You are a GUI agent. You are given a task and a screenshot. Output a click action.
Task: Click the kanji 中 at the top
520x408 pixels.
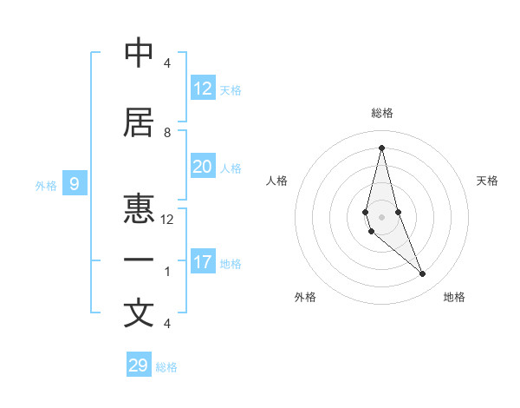pyautogui.click(x=139, y=53)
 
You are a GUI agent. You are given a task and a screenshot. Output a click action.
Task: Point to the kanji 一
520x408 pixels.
pyautogui.click(x=139, y=260)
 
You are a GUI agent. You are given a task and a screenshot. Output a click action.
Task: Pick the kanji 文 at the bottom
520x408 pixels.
pyautogui.click(x=139, y=313)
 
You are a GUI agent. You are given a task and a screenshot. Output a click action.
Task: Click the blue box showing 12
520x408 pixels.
pyautogui.click(x=203, y=89)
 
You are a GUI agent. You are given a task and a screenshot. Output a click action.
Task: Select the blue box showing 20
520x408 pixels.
pyautogui.click(x=203, y=167)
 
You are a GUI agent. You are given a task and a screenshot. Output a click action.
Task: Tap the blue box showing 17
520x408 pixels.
pyautogui.click(x=203, y=262)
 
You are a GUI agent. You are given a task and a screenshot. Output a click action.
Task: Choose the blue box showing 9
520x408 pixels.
pyautogui.click(x=75, y=183)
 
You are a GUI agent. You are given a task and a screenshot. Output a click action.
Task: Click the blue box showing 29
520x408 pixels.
pyautogui.click(x=139, y=365)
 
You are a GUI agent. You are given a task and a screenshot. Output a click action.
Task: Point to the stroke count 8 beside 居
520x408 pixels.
pyautogui.click(x=167, y=133)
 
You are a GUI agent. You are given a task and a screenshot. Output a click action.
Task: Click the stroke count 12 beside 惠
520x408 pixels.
pyautogui.click(x=167, y=220)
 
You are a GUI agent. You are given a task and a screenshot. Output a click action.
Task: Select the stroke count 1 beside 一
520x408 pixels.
pyautogui.click(x=167, y=272)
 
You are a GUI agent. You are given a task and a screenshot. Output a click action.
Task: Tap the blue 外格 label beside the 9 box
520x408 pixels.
pyautogui.click(x=46, y=185)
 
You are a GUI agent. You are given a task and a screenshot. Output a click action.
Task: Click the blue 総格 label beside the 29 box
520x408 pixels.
pyautogui.click(x=166, y=367)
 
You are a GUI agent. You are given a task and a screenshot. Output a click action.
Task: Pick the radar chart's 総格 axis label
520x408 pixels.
pyautogui.click(x=382, y=113)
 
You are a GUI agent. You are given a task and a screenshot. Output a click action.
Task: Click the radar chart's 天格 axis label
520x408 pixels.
pyautogui.click(x=488, y=181)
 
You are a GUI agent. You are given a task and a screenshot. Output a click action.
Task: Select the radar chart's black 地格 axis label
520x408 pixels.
pyautogui.click(x=454, y=297)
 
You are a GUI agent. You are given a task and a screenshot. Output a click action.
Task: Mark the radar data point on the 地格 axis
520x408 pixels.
pyautogui.click(x=422, y=273)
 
